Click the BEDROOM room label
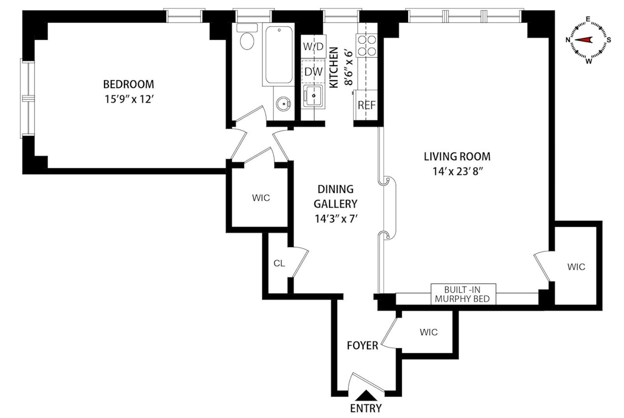[x=128, y=84]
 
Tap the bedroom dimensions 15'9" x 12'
[x=128, y=99]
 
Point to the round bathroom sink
[x=283, y=104]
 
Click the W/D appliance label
[x=314, y=47]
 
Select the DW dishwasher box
[x=314, y=72]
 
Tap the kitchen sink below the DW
[x=313, y=96]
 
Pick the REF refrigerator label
[x=367, y=105]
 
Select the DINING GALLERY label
[x=335, y=196]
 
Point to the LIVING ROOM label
[x=457, y=157]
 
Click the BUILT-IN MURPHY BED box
[x=463, y=294]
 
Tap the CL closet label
[x=279, y=264]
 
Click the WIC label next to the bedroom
[x=261, y=198]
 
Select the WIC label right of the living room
[x=576, y=267]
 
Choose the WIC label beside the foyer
[x=429, y=332]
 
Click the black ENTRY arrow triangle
[x=366, y=396]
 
